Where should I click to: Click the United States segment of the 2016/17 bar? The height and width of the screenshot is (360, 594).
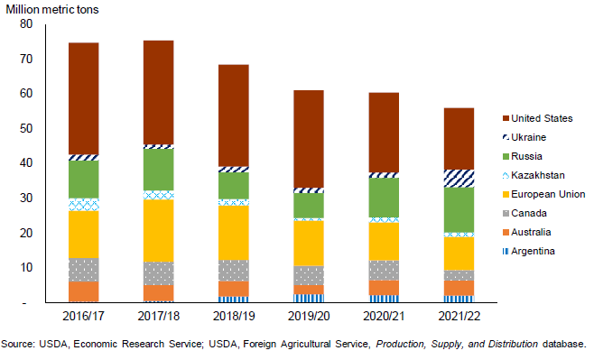pos(84,98)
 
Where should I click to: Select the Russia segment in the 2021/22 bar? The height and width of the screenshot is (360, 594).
pos(459,209)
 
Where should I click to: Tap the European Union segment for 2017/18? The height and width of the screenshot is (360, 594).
pos(159,231)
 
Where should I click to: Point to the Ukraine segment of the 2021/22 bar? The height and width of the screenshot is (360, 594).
pos(459,179)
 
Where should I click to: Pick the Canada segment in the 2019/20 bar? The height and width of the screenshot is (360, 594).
pos(309,275)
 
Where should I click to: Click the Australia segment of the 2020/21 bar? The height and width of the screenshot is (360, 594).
pos(384,288)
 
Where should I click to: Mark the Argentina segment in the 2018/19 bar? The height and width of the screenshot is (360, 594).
pos(234,299)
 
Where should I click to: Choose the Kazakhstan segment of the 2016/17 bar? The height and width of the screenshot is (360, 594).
pos(84,205)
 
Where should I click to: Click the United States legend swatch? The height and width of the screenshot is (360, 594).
pos(506,118)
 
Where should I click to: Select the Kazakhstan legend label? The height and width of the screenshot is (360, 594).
pos(537,175)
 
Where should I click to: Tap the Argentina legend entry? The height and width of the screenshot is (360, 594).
pos(528,251)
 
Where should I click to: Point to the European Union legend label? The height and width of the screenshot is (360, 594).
pos(548,194)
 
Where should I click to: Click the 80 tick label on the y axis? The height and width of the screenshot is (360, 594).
pos(26,23)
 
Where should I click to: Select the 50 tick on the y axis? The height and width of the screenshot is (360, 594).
pos(26,128)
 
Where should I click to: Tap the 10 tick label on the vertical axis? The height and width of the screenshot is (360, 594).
pos(26,268)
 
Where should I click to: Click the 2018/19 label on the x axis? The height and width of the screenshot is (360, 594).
pos(234,316)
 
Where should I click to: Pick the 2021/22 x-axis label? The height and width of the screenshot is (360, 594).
pos(459,316)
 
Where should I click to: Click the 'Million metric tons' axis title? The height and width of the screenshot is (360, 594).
pos(51,9)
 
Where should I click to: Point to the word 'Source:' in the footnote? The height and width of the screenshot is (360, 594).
pos(18,344)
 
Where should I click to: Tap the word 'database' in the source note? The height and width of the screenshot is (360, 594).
pos(564,344)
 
